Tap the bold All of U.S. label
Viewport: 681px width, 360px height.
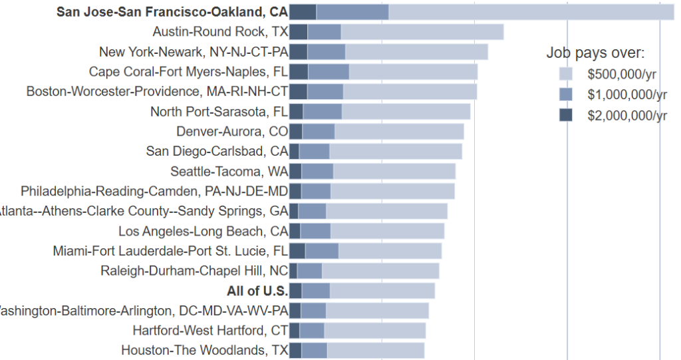pos(257,291)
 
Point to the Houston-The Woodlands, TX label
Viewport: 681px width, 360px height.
pos(205,351)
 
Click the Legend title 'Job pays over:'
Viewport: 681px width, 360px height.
pos(595,53)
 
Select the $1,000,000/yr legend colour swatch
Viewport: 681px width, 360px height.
pos(566,94)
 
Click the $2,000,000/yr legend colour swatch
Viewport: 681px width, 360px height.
pos(566,115)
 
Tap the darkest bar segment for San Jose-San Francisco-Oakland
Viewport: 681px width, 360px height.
pos(303,12)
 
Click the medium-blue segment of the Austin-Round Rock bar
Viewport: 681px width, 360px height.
pos(325,32)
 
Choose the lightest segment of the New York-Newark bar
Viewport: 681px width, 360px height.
pos(416,52)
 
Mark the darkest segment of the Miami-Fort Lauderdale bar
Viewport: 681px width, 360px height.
pos(297,251)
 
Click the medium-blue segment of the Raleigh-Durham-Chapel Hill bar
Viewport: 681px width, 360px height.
pos(309,271)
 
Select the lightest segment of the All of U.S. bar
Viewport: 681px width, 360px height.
pos(382,291)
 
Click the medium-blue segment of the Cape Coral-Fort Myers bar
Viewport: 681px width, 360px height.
pos(329,72)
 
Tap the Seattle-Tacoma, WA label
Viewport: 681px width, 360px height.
pos(229,171)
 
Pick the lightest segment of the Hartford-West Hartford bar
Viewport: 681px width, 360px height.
pos(375,331)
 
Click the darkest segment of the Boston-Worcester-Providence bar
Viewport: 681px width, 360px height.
pos(298,92)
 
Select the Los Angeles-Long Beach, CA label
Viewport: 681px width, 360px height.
pos(204,231)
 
